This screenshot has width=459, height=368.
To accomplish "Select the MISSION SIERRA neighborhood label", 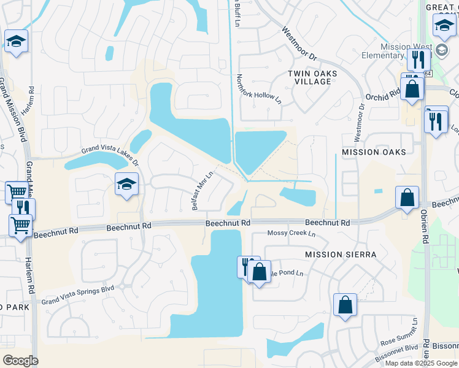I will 340,254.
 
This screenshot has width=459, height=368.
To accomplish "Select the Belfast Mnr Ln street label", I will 202,190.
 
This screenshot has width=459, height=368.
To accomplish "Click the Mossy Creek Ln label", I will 291,234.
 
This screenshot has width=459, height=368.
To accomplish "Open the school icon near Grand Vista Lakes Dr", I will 127,184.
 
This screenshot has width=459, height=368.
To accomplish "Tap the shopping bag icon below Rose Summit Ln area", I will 345,305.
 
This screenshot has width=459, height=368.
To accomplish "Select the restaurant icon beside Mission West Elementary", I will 417,59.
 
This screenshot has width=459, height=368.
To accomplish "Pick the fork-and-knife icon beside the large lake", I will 246,266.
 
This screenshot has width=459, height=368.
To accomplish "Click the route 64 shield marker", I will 428,74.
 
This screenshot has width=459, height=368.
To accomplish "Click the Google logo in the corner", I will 20,361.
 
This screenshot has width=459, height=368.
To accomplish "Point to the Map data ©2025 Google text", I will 421,363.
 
